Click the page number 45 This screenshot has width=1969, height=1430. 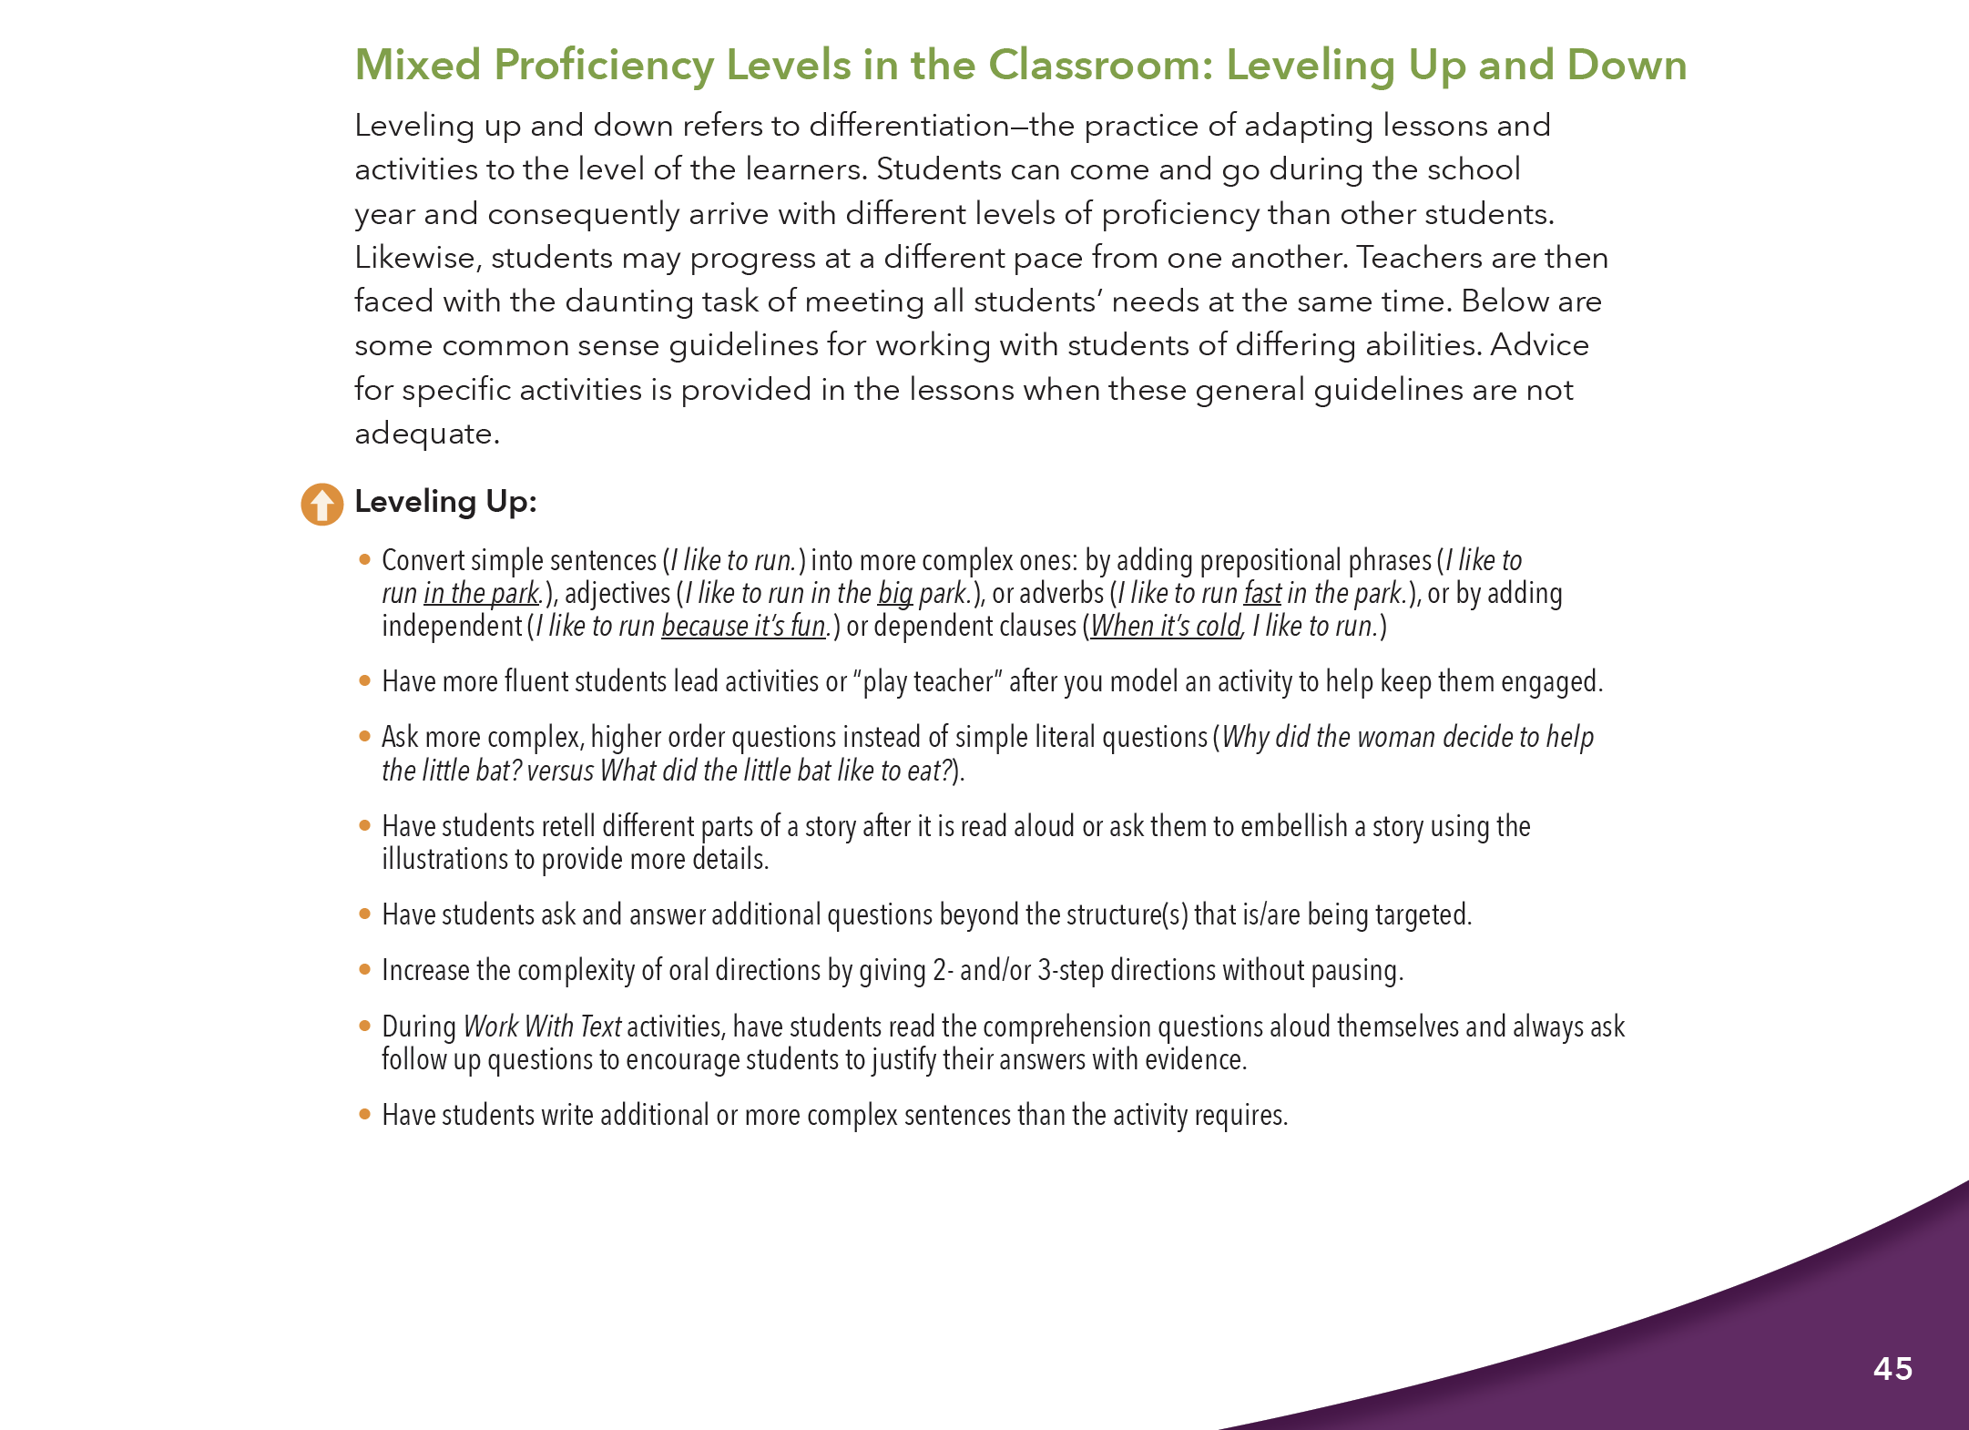pyautogui.click(x=1892, y=1368)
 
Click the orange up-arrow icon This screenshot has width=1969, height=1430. pyautogui.click(x=321, y=504)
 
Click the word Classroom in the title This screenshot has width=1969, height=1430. pyautogui.click(x=1099, y=65)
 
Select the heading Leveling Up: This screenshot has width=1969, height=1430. pyautogui.click(x=445, y=502)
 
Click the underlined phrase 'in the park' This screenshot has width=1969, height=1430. pyautogui.click(x=482, y=594)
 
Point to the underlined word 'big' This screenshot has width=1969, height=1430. pyautogui.click(x=894, y=594)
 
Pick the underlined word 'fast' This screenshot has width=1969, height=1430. pyautogui.click(x=1262, y=594)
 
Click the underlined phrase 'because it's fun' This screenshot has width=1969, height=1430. pyautogui.click(x=743, y=627)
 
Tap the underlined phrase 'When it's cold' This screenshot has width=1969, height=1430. pyautogui.click(x=1166, y=627)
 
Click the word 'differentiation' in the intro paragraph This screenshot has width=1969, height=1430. pyautogui.click(x=909, y=126)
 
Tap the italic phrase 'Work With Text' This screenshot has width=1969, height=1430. pyautogui.click(x=542, y=1027)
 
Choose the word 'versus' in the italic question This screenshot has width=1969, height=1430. pyautogui.click(x=560, y=771)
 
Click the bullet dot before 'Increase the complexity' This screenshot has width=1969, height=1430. pyautogui.click(x=364, y=970)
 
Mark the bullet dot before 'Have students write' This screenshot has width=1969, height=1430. pyautogui.click(x=364, y=1114)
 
